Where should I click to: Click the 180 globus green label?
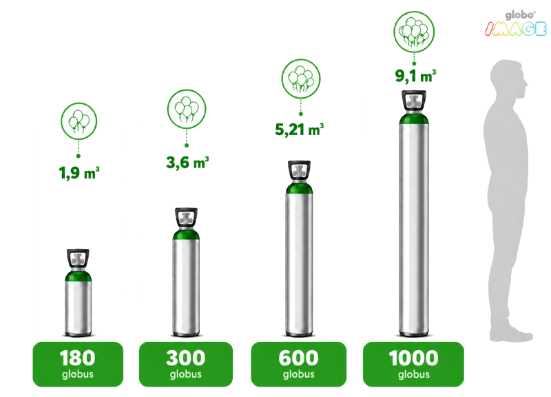tap(78, 364)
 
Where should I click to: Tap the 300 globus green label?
tap(186, 364)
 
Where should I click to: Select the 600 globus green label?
tap(299, 364)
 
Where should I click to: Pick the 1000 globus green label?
tap(414, 364)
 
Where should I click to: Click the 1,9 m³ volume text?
tap(79, 173)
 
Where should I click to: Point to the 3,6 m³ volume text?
tap(187, 163)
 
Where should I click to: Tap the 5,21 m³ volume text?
tap(299, 130)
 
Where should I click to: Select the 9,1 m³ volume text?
tap(415, 76)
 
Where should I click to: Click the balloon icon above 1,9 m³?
tap(79, 121)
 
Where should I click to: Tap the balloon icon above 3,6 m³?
tap(187, 109)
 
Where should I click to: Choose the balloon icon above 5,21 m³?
tap(301, 79)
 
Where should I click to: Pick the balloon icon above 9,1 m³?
tap(414, 32)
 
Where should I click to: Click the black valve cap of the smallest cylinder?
tap(78, 258)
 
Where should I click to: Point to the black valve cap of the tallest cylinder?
tap(414, 100)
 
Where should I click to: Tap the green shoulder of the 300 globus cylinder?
tap(186, 234)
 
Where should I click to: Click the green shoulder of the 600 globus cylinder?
tap(299, 188)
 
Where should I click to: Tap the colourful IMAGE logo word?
tap(515, 29)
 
